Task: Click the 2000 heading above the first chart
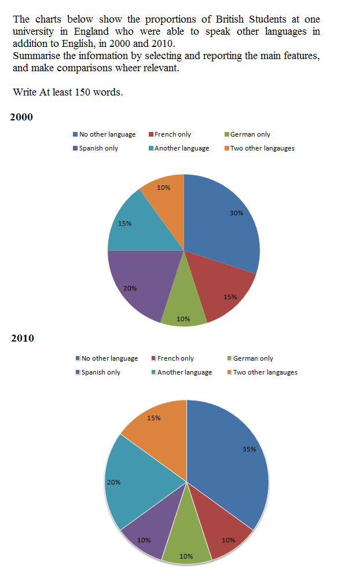click(x=21, y=117)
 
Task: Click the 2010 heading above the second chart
click(x=23, y=338)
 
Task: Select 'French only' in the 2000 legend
click(x=172, y=134)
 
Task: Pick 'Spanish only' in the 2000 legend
click(x=99, y=148)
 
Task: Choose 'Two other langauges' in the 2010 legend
click(x=265, y=372)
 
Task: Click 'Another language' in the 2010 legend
click(x=185, y=372)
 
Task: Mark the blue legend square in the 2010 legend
click(x=78, y=358)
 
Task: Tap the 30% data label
click(x=236, y=212)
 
